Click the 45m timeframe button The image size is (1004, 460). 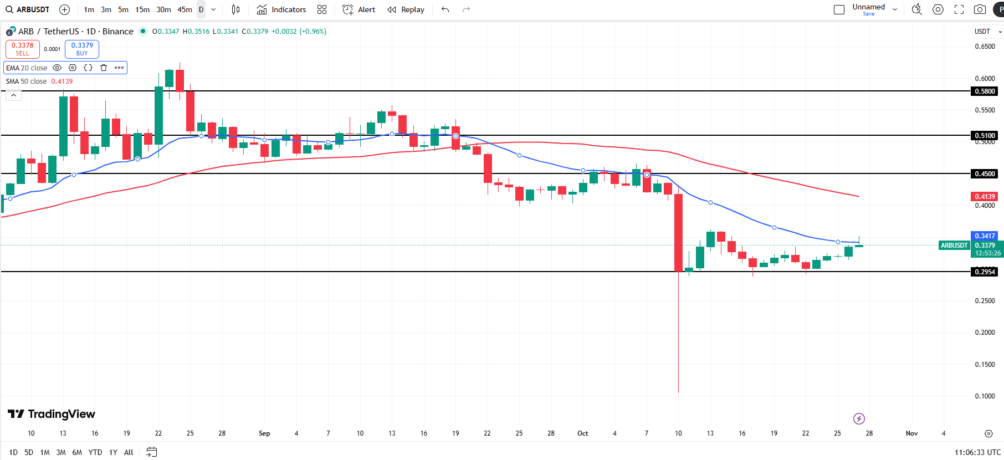point(185,9)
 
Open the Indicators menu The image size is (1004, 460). point(281,9)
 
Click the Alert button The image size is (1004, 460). point(359,9)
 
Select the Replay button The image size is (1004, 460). point(406,9)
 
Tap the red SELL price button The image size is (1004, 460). point(23,49)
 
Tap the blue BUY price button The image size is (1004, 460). point(82,49)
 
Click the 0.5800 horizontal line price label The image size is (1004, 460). point(985,91)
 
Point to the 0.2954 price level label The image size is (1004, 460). point(985,272)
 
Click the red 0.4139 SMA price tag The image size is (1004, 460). point(985,197)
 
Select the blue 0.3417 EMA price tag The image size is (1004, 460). point(985,236)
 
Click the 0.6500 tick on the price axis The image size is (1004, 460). point(985,47)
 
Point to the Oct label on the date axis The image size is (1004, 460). point(582,433)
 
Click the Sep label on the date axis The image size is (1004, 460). point(264,433)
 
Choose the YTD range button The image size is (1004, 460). point(95,452)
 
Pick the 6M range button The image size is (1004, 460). point(77,452)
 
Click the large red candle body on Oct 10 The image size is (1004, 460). point(678,233)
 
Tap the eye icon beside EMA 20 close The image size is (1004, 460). point(57,68)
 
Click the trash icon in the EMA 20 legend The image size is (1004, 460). point(104,68)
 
